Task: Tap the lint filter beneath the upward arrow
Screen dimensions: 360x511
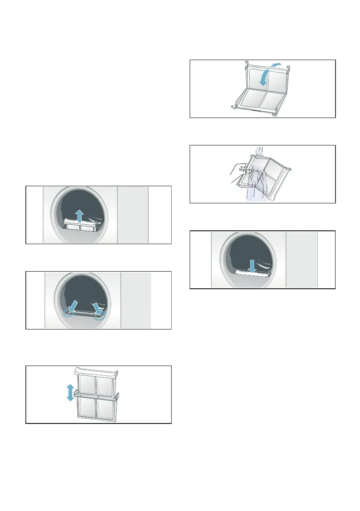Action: (83, 226)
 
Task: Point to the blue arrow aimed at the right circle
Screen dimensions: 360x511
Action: (95, 305)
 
